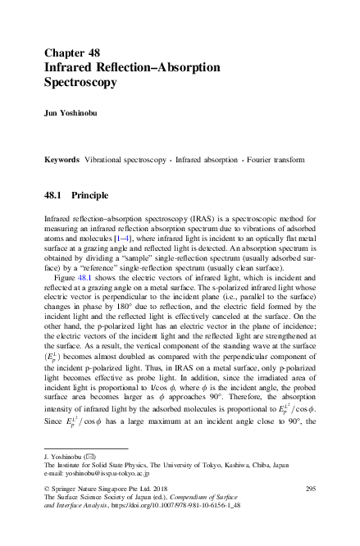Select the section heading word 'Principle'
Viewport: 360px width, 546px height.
[90, 196]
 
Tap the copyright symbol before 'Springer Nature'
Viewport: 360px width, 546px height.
[45, 489]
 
